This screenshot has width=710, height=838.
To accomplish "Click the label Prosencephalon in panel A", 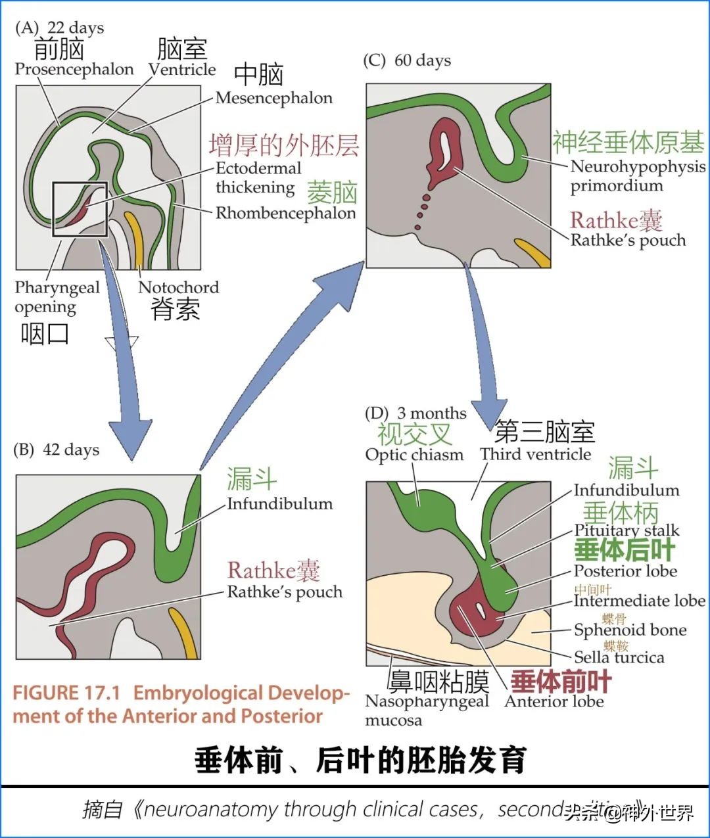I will coord(74,69).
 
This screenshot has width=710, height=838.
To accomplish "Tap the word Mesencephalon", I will coord(273,98).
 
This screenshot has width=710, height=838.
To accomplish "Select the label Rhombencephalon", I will coord(285,213).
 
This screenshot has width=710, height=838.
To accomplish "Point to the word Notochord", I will coord(178,287).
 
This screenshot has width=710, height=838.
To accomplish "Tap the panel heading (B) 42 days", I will coord(57,450).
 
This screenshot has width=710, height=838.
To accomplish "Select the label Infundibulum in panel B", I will coord(279,504).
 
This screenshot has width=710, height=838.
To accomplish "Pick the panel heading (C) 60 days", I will coord(407,60).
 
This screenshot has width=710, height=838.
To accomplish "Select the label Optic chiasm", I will coord(414,455).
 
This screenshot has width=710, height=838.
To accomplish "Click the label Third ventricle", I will coord(535,454).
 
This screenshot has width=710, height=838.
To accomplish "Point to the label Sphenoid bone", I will coord(630,630).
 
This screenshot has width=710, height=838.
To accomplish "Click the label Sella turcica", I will coord(619,657).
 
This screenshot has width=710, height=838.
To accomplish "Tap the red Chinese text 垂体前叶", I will coord(561,682).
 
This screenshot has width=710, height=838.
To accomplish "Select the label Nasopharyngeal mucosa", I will coord(427,710).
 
